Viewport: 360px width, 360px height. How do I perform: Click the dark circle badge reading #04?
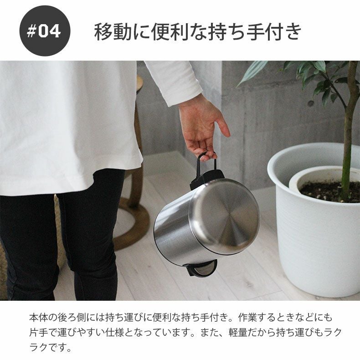pyautogui.click(x=45, y=31)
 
